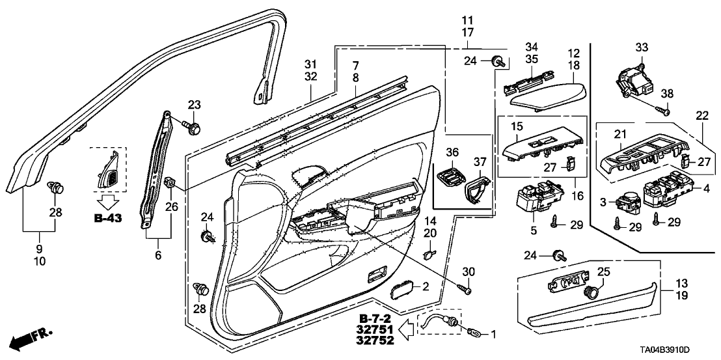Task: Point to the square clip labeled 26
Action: coord(172,182)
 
